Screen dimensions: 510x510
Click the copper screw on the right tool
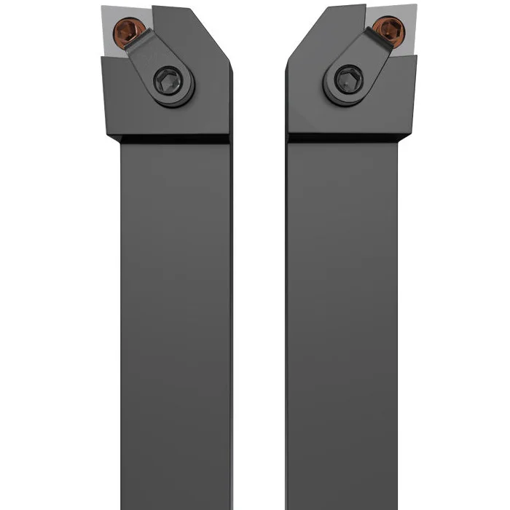(x=388, y=30)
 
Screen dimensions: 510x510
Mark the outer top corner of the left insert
(x=103, y=7)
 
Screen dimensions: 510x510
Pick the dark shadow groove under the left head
(x=175, y=138)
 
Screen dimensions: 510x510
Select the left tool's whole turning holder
(x=171, y=219)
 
